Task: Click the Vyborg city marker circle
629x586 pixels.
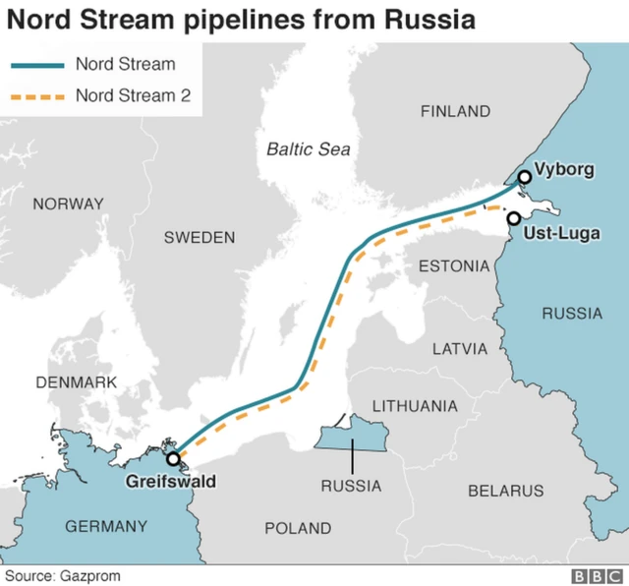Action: click(x=524, y=176)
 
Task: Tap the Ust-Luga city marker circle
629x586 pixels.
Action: click(x=513, y=218)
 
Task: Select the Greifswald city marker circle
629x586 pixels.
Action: click(x=173, y=458)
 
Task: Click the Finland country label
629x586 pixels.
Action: click(x=455, y=111)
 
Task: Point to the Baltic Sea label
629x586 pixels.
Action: click(x=309, y=149)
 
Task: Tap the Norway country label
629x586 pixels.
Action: click(x=68, y=205)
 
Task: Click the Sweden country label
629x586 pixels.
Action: click(x=200, y=237)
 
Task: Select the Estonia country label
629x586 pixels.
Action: click(x=453, y=266)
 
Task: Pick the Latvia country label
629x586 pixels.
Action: click(x=460, y=348)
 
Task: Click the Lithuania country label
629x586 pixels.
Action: click(x=414, y=405)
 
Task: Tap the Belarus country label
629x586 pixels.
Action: click(x=505, y=490)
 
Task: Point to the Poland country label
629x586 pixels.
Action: click(x=298, y=528)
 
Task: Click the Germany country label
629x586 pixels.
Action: click(x=106, y=526)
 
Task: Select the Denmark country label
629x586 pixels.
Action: click(x=76, y=381)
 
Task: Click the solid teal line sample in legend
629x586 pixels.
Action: click(x=35, y=66)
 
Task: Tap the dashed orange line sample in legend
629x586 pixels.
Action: click(x=35, y=96)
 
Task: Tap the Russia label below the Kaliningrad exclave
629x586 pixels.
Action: click(x=351, y=486)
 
